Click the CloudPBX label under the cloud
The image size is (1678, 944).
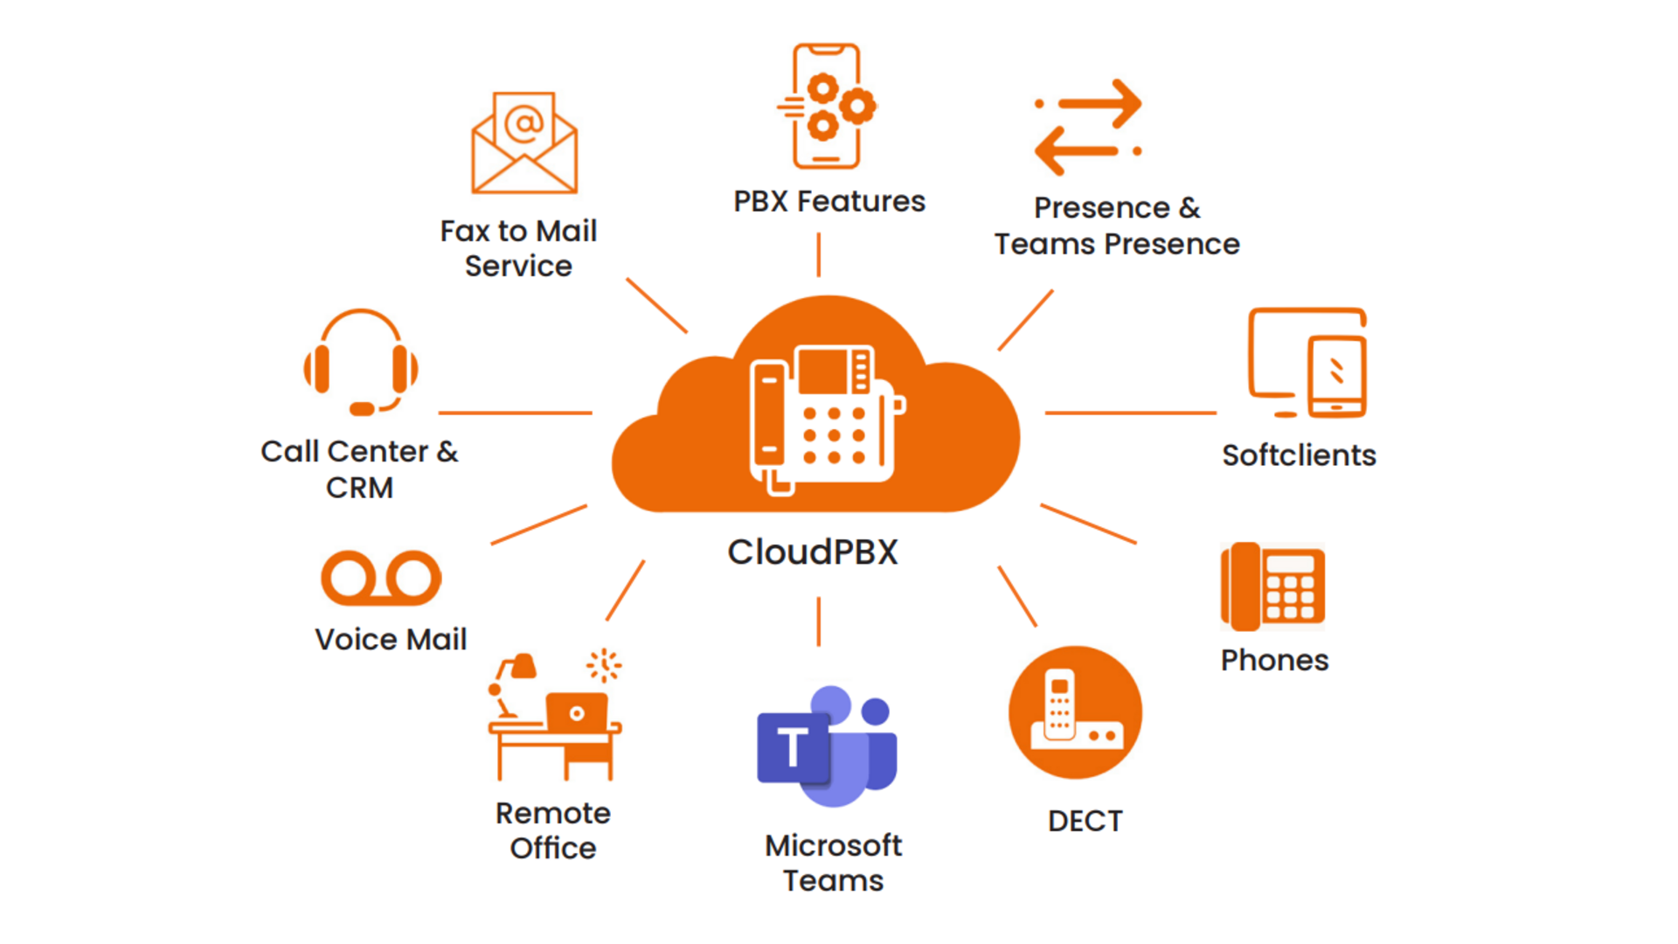(813, 552)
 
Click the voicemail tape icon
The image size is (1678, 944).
(381, 578)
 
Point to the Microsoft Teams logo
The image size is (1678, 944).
(827, 746)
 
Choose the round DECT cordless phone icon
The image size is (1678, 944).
(1075, 712)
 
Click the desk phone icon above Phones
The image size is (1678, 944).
(1272, 587)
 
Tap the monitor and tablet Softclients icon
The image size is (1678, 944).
(1307, 363)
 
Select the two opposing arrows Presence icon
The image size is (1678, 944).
(1088, 128)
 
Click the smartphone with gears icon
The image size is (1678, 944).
(827, 106)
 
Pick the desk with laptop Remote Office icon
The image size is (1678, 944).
(555, 717)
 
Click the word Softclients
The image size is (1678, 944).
(1299, 455)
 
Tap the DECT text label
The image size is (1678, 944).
(1085, 822)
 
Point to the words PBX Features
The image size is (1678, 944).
(829, 202)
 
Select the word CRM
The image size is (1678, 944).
(359, 488)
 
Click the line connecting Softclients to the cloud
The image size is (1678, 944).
(1130, 413)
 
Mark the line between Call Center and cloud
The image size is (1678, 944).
(515, 413)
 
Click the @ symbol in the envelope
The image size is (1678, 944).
(524, 123)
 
